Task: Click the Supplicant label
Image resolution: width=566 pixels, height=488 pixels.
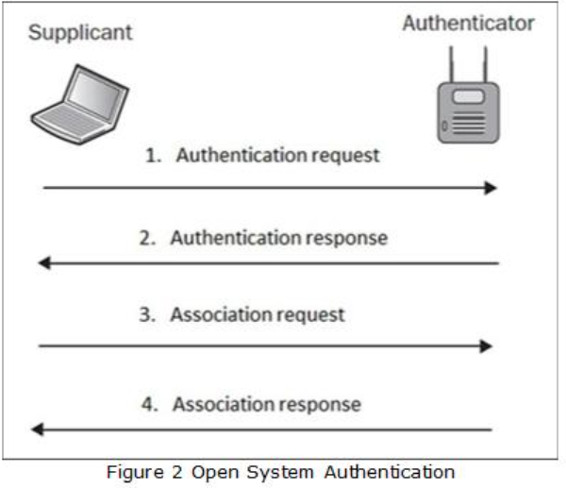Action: pyautogui.click(x=80, y=34)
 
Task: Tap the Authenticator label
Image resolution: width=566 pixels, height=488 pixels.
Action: pyautogui.click(x=468, y=24)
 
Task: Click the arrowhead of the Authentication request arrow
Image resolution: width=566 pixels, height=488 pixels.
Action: pyautogui.click(x=491, y=188)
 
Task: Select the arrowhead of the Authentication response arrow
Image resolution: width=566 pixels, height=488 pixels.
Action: pyautogui.click(x=43, y=263)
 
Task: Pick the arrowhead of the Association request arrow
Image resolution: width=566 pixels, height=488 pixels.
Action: pyautogui.click(x=487, y=346)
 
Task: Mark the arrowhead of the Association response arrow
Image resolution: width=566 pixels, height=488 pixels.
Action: pyautogui.click(x=38, y=429)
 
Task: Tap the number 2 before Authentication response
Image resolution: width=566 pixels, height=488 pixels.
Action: pyautogui.click(x=146, y=238)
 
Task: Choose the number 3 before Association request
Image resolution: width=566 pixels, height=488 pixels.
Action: pyautogui.click(x=146, y=315)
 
